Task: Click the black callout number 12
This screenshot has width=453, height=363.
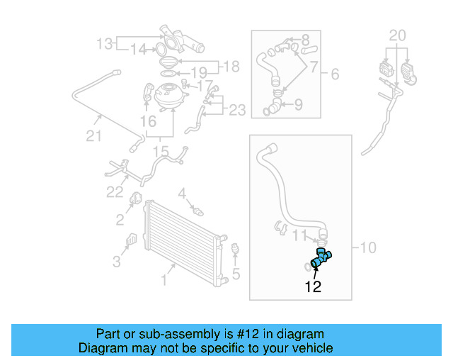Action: pos(313,287)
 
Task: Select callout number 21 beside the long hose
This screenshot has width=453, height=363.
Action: pos(94,137)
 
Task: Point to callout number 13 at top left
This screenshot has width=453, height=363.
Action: pos(105,45)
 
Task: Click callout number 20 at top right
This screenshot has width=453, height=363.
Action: pos(398,34)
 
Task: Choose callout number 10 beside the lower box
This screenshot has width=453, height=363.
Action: pos(369,247)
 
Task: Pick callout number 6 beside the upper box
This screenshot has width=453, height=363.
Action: pos(335,73)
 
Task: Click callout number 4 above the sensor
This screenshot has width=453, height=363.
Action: pos(182,193)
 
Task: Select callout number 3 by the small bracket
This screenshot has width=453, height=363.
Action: pos(117,262)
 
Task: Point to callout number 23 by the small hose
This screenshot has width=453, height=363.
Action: pos(237,110)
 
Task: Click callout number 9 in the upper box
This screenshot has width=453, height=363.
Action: pos(298,105)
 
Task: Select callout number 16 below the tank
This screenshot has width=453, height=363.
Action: pos(148,122)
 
